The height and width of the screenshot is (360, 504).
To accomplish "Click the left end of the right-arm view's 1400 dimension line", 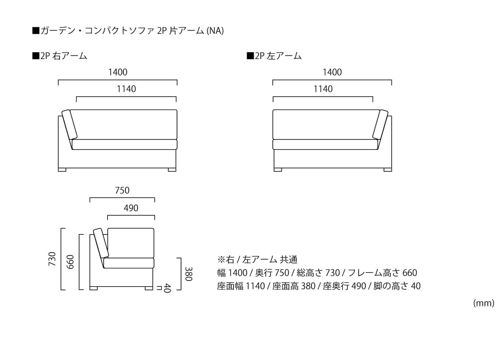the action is (58, 80).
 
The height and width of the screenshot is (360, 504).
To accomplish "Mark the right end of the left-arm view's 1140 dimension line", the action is (373, 97).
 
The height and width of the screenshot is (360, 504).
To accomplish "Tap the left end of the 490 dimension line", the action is (108, 216).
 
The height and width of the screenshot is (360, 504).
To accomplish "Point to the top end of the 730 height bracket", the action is (61, 228).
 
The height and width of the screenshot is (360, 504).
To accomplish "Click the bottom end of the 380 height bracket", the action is (181, 290).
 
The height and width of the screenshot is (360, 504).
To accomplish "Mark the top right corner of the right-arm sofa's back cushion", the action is (177, 110).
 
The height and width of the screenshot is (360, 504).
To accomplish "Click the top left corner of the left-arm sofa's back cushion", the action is (273, 110).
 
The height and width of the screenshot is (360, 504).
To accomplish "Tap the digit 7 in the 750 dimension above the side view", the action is (117, 190).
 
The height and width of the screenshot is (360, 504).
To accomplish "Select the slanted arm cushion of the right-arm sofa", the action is (69, 125).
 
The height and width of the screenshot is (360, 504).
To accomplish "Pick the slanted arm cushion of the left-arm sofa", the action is (380, 125).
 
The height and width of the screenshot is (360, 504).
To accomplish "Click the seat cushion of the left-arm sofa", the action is (325, 144).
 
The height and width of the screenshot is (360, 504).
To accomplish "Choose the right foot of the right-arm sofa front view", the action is (172, 170).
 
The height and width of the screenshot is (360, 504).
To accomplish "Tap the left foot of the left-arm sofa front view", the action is (278, 170).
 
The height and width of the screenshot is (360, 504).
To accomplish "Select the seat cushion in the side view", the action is (129, 263).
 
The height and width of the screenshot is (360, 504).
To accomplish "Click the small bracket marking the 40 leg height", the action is (159, 288).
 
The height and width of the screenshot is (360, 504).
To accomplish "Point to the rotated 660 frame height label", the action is (70, 262).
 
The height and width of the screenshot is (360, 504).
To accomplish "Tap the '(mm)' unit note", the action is (484, 303).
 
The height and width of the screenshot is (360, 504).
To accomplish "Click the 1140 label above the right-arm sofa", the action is (126, 89).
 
